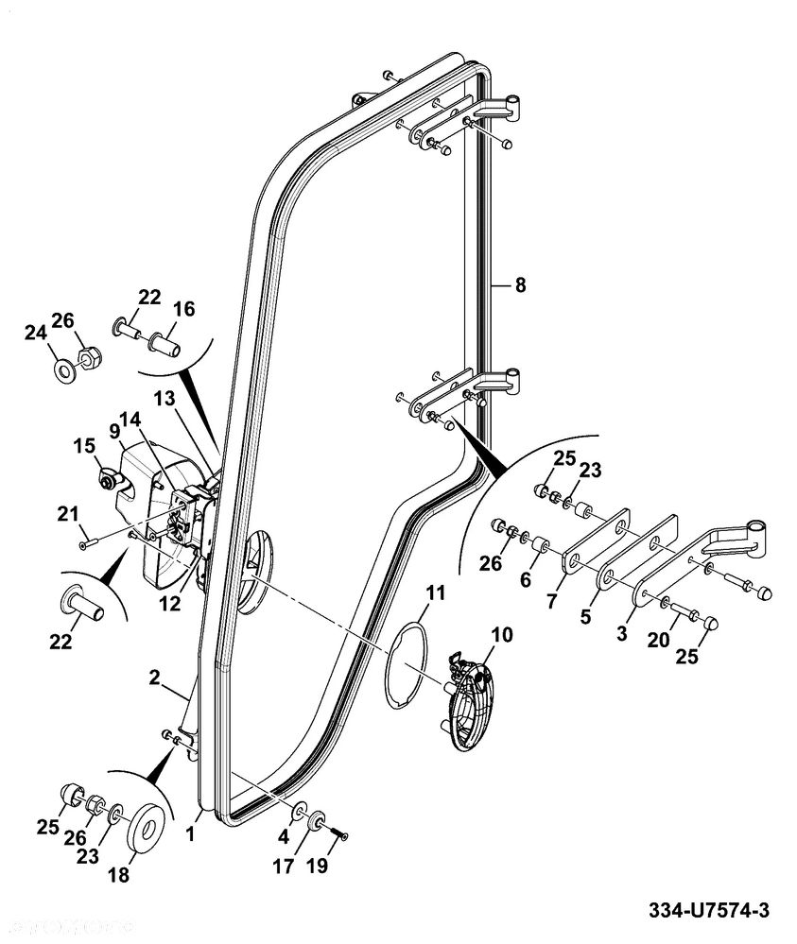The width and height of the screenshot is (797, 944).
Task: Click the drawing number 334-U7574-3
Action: (x=708, y=910)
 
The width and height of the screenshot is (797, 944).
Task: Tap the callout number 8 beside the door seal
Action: (x=520, y=284)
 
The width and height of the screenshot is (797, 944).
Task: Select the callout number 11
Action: (x=435, y=592)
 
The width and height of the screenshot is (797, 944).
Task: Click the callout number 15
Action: (x=84, y=446)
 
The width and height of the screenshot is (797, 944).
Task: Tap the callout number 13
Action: (x=164, y=399)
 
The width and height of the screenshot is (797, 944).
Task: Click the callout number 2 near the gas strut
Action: (x=155, y=678)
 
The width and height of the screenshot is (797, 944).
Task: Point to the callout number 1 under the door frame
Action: (x=190, y=833)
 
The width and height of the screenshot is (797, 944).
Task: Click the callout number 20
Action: (x=658, y=639)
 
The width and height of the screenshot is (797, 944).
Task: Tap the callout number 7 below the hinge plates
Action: (x=552, y=601)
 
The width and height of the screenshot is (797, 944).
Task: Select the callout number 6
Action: (x=526, y=579)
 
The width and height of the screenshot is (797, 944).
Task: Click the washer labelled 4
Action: (x=298, y=813)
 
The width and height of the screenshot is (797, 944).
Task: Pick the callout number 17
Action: (x=283, y=867)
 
